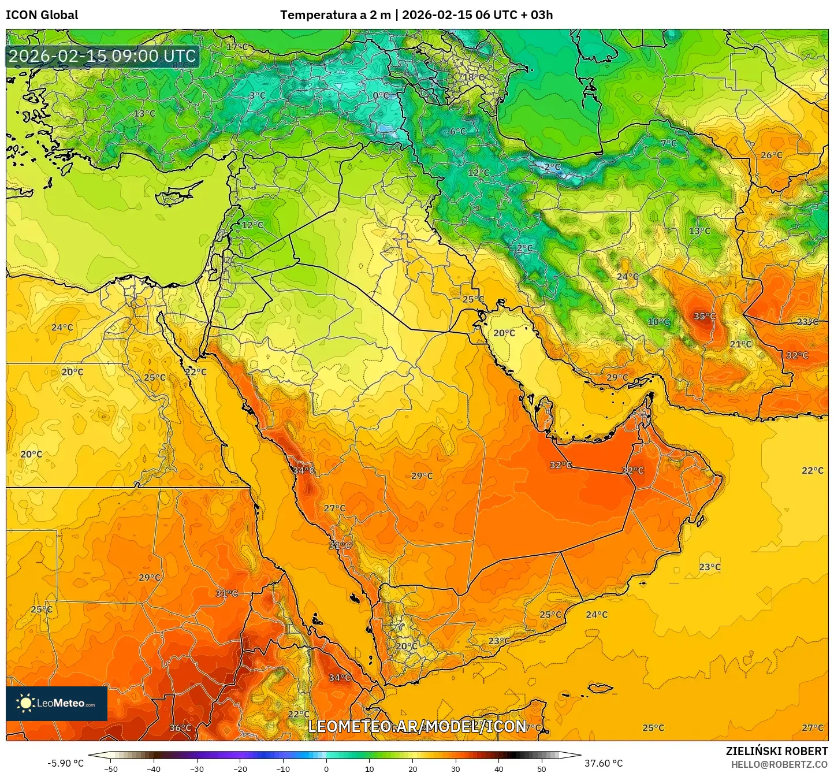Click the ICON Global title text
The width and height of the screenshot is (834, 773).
tap(42, 15)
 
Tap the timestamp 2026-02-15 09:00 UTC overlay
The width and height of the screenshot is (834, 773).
tap(102, 56)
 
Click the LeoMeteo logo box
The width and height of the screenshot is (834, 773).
tap(57, 703)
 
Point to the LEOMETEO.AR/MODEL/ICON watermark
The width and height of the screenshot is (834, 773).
tap(417, 727)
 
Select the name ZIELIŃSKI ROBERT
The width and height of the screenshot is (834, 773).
tap(776, 751)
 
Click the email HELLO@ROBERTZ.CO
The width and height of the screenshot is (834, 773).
tap(779, 764)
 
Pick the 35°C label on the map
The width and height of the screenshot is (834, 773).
tap(704, 316)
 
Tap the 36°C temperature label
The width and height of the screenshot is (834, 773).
tap(180, 728)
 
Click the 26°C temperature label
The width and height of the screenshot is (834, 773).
tap(771, 155)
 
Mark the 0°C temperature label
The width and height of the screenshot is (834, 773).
tap(381, 95)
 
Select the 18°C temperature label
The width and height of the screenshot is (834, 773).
tap(474, 77)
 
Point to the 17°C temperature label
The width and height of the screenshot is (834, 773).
tap(237, 47)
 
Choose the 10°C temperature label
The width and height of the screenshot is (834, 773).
tap(658, 322)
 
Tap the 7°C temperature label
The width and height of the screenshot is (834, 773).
tap(668, 143)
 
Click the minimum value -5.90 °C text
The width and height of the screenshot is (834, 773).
tap(65, 763)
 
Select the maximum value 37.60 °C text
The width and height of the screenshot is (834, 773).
tap(604, 763)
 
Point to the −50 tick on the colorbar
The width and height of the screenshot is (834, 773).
tap(110, 769)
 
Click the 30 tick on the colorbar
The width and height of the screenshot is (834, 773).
tap(456, 769)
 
